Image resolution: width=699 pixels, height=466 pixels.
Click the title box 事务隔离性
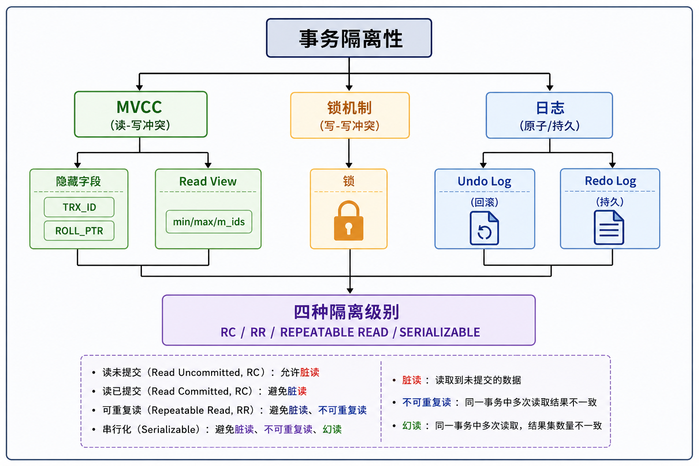(349, 38)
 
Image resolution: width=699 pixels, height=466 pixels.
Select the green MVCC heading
(139, 107)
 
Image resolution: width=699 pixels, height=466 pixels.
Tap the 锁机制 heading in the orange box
(349, 108)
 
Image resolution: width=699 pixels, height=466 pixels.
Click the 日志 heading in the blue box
(550, 108)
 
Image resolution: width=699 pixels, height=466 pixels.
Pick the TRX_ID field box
(79, 207)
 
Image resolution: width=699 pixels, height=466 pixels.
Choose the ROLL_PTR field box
(79, 231)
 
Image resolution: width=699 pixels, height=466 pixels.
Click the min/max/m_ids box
(209, 222)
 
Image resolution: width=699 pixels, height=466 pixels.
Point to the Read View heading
(208, 181)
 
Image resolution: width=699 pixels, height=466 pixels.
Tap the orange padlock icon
(349, 221)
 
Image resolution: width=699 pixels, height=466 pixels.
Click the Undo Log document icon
(484, 228)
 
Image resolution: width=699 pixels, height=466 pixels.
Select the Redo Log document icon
(609, 227)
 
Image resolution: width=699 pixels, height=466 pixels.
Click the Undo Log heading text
(484, 181)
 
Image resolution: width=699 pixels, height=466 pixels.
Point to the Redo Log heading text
(610, 181)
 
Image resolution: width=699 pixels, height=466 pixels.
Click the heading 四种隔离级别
(347, 312)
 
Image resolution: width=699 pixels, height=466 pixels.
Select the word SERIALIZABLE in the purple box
(440, 332)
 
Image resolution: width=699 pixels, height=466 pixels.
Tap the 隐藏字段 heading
(78, 181)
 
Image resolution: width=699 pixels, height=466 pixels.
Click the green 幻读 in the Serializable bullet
(332, 430)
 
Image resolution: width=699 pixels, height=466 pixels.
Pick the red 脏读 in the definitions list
(411, 380)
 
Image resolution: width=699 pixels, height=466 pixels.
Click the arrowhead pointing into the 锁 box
(349, 166)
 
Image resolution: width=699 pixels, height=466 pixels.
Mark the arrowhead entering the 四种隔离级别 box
(350, 291)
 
